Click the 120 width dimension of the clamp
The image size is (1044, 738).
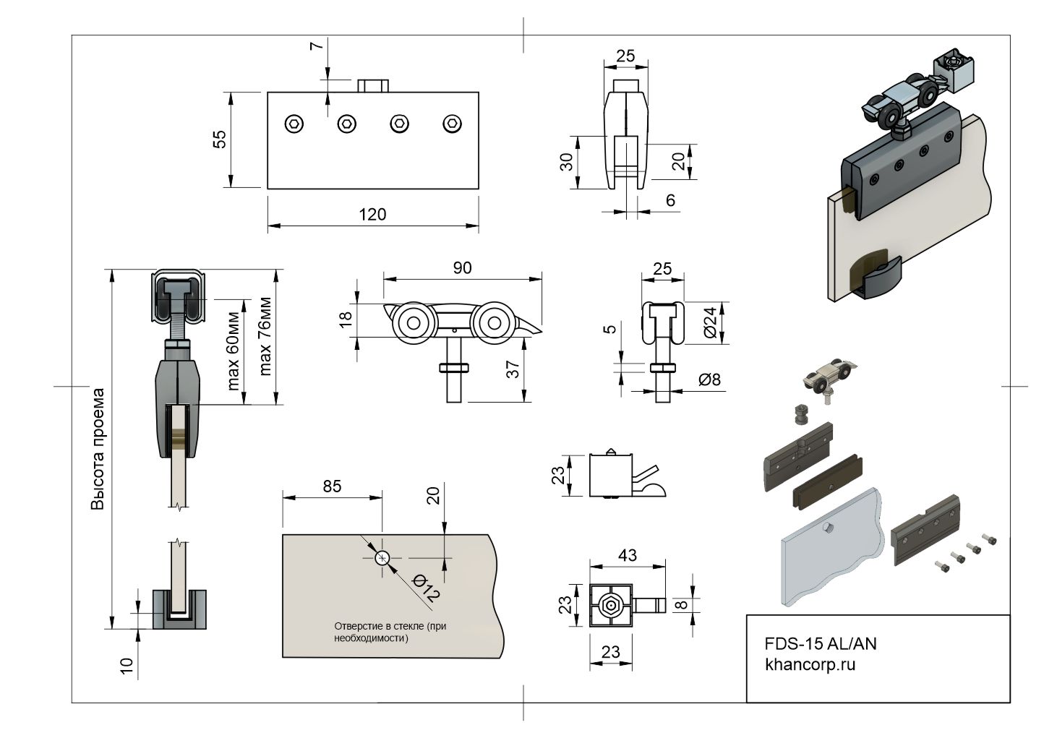click(x=372, y=214)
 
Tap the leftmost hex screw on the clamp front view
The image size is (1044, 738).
click(x=294, y=124)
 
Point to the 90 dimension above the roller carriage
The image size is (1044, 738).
click(x=462, y=268)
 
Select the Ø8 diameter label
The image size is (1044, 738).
click(x=709, y=379)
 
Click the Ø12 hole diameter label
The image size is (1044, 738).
click(x=426, y=589)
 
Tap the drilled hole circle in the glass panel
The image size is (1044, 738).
click(x=382, y=558)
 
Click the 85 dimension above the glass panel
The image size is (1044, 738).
click(x=331, y=486)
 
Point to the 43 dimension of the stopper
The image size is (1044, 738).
click(x=627, y=555)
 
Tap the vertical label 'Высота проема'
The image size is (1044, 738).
click(x=98, y=449)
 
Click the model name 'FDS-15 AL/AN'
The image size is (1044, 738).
click(x=821, y=643)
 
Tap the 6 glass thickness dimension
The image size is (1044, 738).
click(x=670, y=200)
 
